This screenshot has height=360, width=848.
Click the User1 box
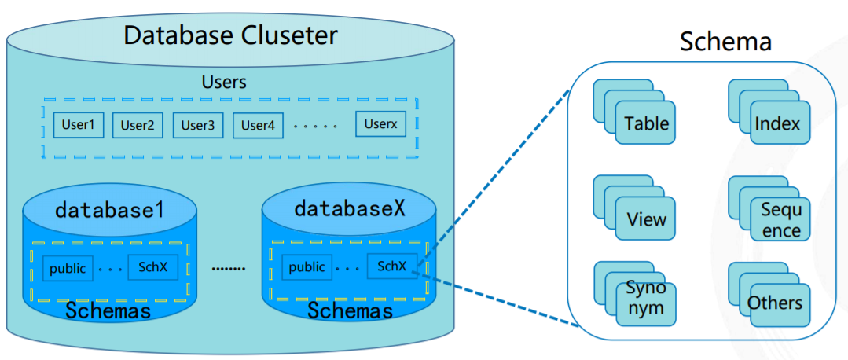[x=78, y=125]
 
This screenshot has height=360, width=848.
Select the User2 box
[x=137, y=125]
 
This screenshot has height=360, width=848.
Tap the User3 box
[x=197, y=125]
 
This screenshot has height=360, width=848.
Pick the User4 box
[x=257, y=125]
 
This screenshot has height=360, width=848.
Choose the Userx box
[x=381, y=124]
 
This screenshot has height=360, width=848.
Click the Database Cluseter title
[x=230, y=35]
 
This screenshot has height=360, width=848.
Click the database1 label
[x=109, y=210]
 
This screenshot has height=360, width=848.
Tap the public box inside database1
[x=68, y=267]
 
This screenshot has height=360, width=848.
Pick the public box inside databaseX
[x=307, y=267]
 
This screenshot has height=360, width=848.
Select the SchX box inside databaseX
[x=391, y=266]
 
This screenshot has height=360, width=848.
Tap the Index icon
[x=776, y=123]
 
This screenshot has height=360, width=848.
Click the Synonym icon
[x=645, y=298]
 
